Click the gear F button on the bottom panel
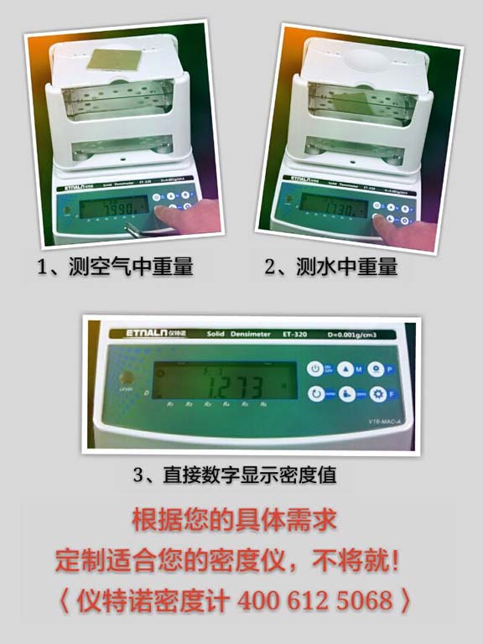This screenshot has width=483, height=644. [380, 394]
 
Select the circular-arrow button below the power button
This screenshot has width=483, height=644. [317, 393]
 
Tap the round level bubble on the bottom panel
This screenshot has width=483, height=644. [128, 377]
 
